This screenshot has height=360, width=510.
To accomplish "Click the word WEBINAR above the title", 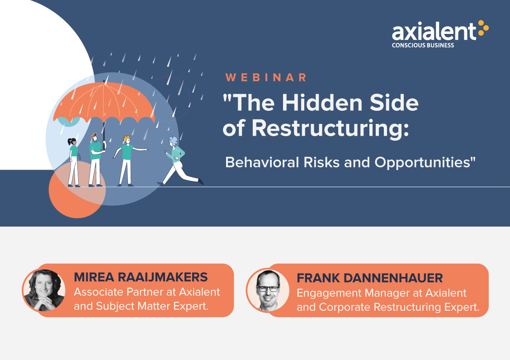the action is [x=266, y=77].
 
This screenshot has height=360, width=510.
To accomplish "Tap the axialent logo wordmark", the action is [x=434, y=31].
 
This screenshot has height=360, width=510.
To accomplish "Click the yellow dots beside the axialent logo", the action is [x=483, y=28].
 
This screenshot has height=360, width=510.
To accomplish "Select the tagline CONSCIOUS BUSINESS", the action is [x=423, y=45].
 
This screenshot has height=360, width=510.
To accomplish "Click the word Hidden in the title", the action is [x=322, y=103].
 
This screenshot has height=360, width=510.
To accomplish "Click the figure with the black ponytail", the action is [x=74, y=162].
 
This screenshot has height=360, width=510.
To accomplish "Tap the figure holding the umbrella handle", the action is [x=96, y=160].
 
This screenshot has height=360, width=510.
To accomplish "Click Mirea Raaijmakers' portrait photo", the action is [x=44, y=290].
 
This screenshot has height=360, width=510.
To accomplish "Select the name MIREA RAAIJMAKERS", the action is [x=141, y=277].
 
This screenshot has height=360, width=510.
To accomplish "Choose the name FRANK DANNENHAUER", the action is [x=369, y=278].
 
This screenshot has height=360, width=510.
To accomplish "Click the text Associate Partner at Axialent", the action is [x=146, y=292].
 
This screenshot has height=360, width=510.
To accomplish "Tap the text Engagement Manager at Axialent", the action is [x=381, y=293].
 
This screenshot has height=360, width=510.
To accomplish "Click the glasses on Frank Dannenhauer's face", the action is [x=268, y=289].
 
